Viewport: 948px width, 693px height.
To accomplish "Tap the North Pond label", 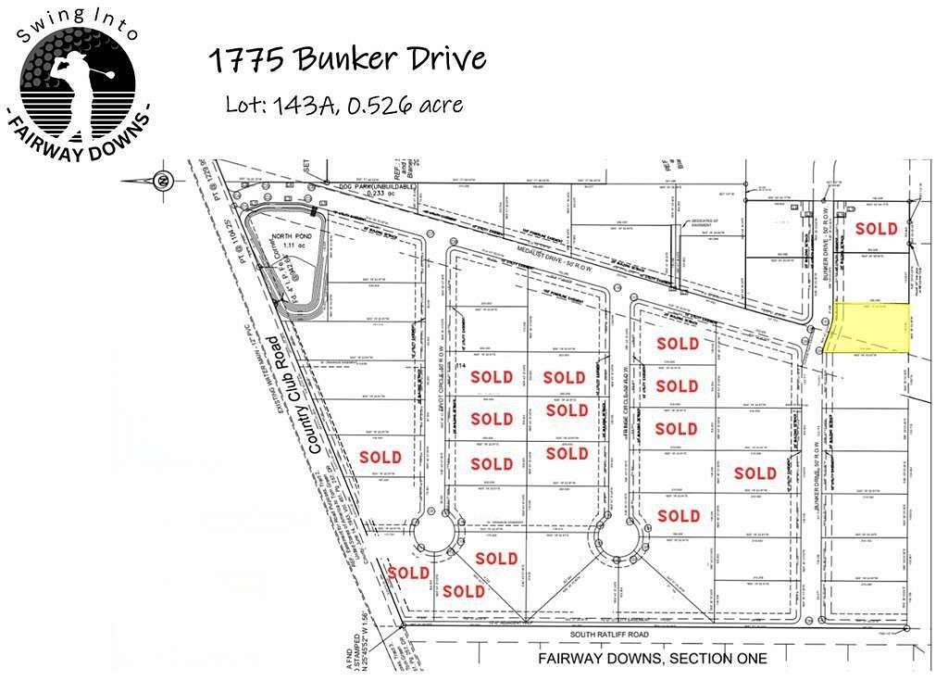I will pyautogui.click(x=290, y=235).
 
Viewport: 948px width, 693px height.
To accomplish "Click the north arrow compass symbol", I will pyautogui.click(x=163, y=180).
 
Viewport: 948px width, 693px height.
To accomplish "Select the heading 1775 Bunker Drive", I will pyautogui.click(x=346, y=59).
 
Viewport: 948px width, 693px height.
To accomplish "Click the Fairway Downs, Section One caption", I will pyautogui.click(x=652, y=659).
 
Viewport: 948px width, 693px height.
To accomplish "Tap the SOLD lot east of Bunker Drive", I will pyautogui.click(x=876, y=228).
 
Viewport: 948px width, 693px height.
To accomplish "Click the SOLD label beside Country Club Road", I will pyautogui.click(x=380, y=457).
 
